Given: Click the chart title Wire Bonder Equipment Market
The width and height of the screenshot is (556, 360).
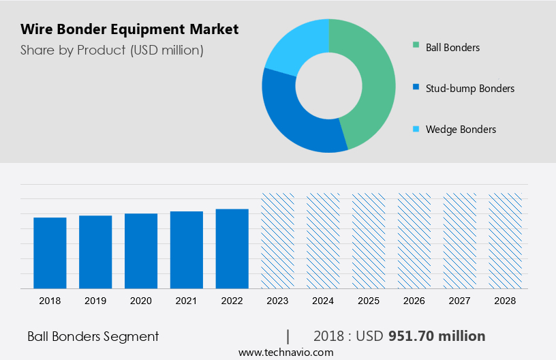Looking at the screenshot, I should [129, 29].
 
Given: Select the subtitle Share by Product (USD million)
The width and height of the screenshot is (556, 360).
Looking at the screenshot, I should [112, 50].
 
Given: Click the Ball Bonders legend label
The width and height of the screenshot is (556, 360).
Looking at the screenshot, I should [452, 48].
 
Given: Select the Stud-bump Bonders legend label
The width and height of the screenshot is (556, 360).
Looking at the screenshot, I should [469, 89].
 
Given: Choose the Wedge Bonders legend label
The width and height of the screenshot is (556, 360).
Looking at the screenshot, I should [461, 130].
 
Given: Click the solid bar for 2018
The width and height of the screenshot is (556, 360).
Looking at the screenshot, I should [50, 252].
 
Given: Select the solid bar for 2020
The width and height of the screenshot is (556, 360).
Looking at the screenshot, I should [141, 250].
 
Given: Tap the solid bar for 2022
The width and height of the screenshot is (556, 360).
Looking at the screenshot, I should [232, 248].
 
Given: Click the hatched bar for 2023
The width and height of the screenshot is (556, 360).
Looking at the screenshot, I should [278, 240].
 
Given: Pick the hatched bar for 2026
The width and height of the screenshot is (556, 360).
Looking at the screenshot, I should [414, 240].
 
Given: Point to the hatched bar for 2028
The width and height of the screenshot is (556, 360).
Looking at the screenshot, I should [505, 240].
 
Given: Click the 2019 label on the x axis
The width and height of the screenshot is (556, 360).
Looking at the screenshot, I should [95, 301].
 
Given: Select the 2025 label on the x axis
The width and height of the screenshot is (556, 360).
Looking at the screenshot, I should [369, 301].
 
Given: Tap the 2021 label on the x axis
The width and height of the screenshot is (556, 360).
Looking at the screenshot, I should [187, 301].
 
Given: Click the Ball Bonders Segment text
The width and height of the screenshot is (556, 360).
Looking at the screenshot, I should [93, 336].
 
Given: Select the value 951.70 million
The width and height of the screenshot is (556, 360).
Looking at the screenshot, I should [437, 336].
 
